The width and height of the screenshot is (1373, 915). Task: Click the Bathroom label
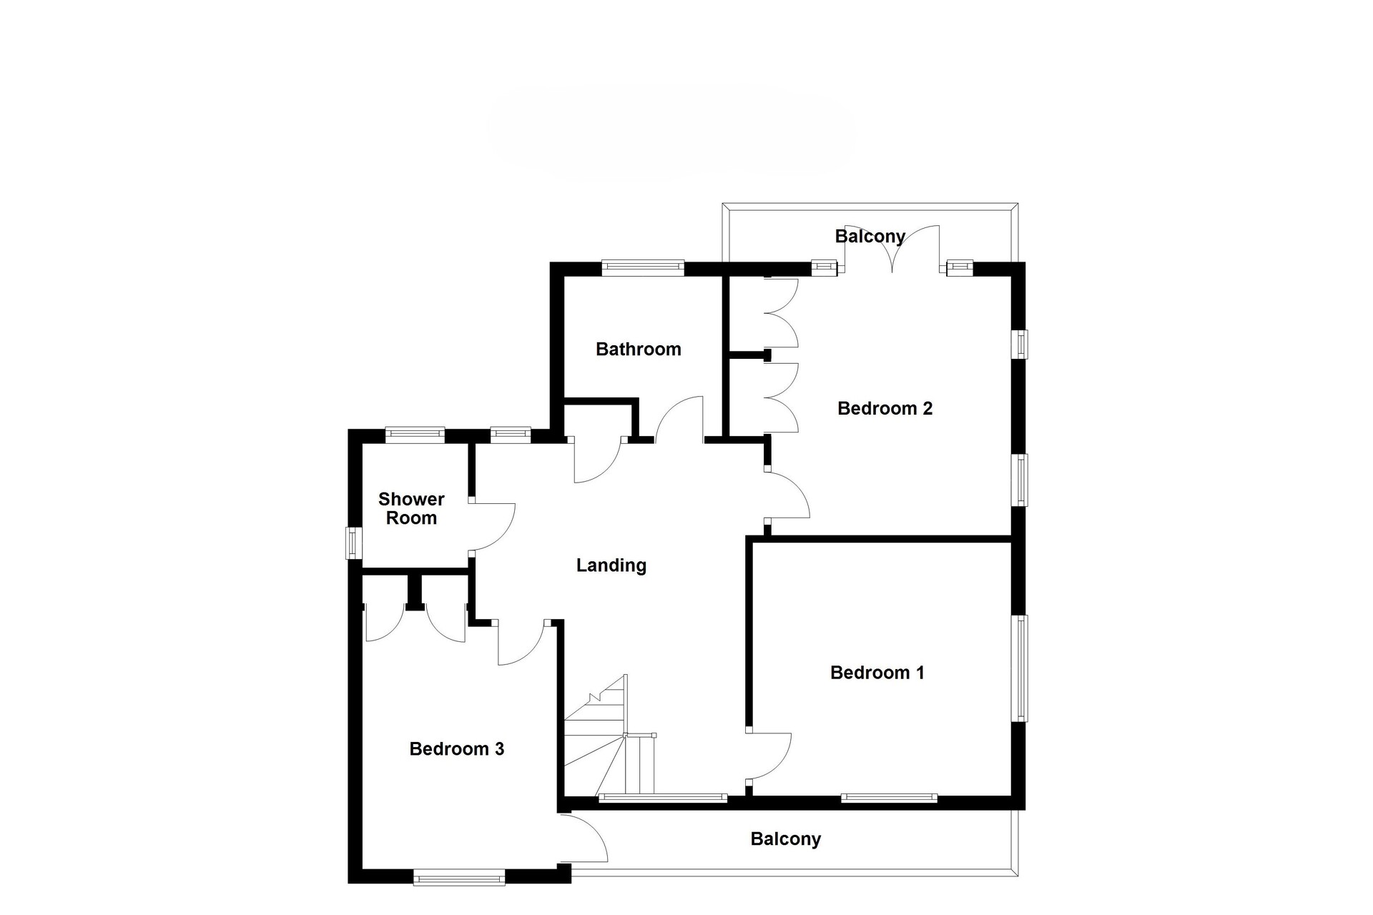coord(638,349)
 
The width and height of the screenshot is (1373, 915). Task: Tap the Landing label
coord(611,565)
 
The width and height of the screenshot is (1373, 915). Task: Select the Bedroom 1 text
coord(877,673)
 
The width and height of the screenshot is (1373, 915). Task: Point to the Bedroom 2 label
coord(885,408)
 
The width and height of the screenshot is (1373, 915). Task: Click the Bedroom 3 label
coord(456,749)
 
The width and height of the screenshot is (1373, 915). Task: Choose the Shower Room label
coord(411,508)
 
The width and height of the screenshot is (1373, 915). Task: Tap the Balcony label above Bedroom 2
coord(870,236)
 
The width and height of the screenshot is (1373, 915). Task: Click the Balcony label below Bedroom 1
coord(785,839)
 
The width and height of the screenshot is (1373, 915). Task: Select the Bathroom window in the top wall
coord(643,268)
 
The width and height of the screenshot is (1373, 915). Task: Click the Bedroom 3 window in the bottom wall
coord(459,877)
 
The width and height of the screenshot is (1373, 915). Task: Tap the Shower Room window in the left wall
coord(354,543)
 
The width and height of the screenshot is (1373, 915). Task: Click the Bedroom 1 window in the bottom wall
coord(889,798)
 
